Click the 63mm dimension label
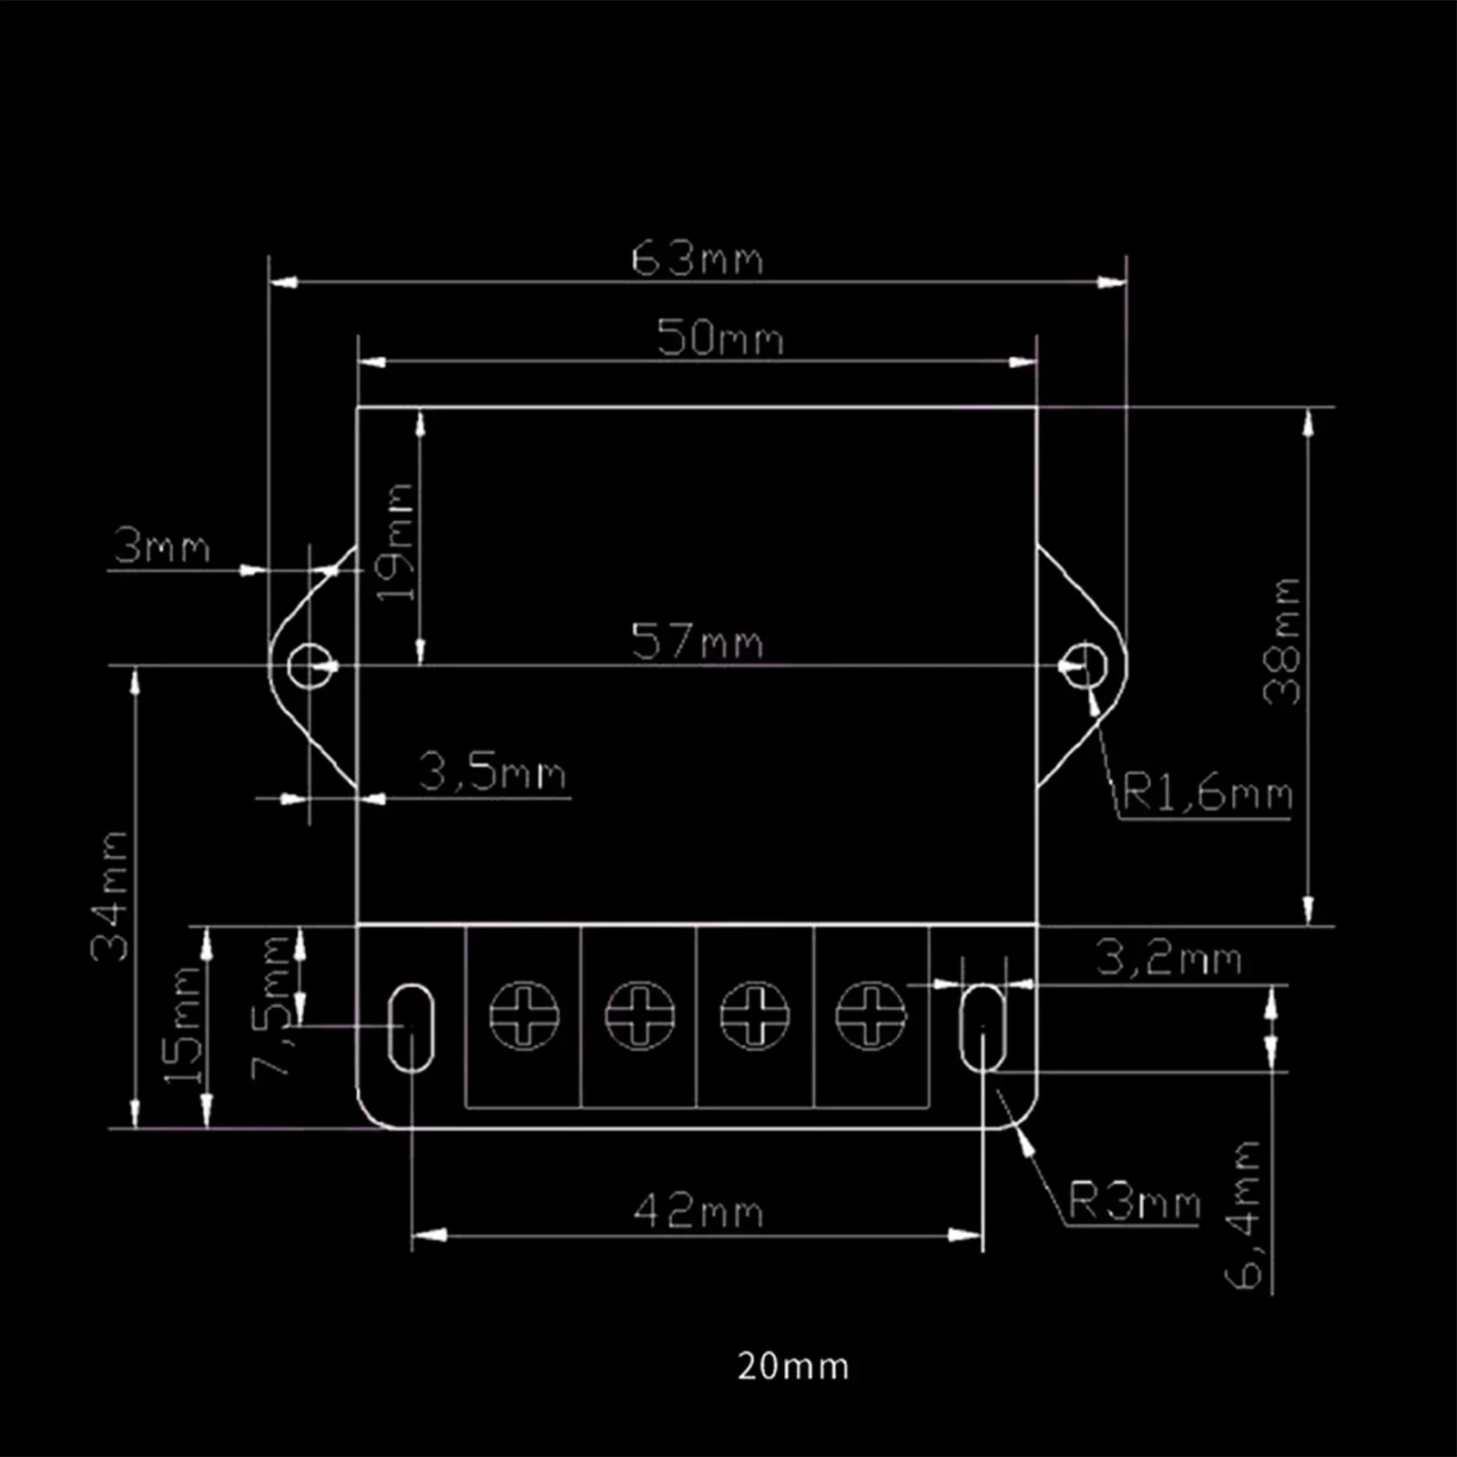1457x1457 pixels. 697,259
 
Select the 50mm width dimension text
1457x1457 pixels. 719,338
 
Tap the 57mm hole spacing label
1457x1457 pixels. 697,641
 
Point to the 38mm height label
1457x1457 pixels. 1282,641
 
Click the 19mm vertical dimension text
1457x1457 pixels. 397,543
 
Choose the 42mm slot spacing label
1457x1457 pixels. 698,1211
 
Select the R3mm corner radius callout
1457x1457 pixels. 1134,1201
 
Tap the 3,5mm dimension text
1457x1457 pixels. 493,772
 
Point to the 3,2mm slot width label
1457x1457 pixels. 1168,958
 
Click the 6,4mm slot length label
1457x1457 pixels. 1244,1215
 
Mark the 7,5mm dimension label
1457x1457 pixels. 271,1006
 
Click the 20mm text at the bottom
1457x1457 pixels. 792,1366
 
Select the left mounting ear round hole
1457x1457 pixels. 311,666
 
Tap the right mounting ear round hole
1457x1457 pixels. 1085,666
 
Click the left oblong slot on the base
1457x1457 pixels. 411,1027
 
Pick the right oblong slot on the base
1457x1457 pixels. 983,1027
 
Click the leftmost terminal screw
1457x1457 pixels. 524,1014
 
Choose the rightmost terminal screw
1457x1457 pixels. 871,1014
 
